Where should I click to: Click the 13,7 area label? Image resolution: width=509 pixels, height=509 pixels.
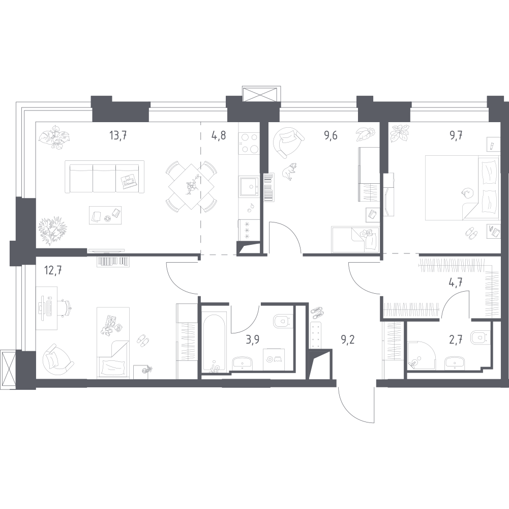(x=117, y=135)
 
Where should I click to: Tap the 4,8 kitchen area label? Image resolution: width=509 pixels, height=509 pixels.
(x=219, y=135)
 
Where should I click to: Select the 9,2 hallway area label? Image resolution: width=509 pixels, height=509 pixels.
(x=348, y=340)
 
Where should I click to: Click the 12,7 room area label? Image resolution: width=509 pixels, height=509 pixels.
(x=53, y=270)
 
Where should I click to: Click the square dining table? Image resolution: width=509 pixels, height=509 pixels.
(x=192, y=187)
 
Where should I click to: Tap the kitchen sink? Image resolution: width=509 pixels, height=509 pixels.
(x=249, y=187)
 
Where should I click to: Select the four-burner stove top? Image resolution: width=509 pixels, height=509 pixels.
(x=249, y=144)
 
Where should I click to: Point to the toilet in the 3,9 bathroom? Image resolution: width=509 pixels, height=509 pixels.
(x=281, y=321)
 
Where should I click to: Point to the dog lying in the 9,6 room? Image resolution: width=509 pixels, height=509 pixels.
(x=289, y=171)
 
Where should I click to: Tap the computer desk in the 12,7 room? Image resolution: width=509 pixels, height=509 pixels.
(x=46, y=308)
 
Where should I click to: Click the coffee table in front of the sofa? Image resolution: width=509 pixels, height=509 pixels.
(x=105, y=215)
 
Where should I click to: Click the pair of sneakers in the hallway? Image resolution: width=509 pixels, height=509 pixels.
(x=318, y=313)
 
